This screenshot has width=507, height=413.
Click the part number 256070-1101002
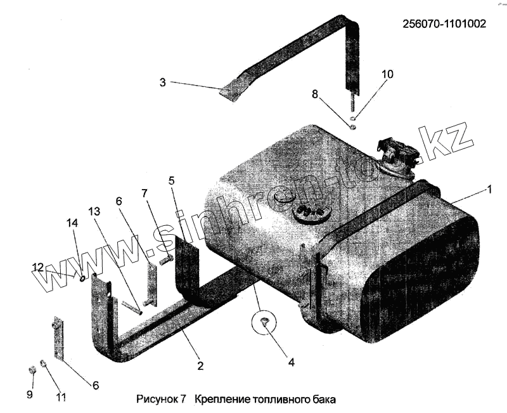444,24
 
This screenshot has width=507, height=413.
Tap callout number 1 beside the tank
488,189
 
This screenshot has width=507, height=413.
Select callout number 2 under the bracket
200,365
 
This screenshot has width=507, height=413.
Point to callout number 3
162,82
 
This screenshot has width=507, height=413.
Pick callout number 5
171,180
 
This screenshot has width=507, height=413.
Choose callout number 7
144,192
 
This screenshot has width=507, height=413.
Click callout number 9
29,394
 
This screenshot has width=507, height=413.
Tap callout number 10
387,74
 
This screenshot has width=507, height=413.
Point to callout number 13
94,211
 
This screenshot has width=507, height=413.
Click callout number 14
71,223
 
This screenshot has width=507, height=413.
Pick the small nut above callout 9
31,369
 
